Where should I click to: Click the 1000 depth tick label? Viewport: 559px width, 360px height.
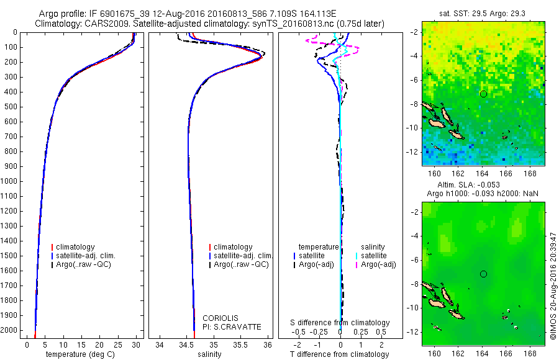[11, 181]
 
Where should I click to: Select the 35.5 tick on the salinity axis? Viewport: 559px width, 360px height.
[241, 344]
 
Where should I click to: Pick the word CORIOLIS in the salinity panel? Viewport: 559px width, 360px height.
[220, 318]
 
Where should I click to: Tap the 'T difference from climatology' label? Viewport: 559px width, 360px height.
[340, 354]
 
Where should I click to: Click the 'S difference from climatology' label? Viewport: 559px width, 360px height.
[340, 323]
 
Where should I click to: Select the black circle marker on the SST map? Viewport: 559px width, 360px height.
[483, 94]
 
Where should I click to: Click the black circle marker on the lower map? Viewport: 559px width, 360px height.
[483, 274]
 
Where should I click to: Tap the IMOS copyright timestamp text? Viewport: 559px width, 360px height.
[553, 276]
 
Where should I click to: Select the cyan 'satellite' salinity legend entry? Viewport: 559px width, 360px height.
[373, 256]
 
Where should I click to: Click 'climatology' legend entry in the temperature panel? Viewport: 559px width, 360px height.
[75, 247]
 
